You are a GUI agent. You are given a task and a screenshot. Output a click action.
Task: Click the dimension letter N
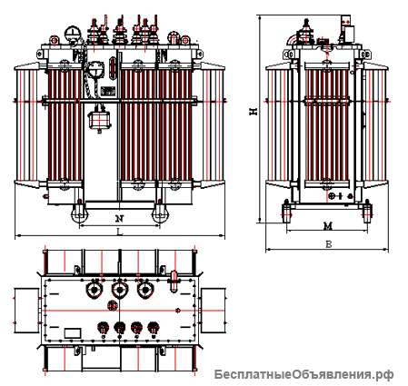tap(120, 218)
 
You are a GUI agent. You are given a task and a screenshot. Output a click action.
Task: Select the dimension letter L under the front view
tap(120, 232)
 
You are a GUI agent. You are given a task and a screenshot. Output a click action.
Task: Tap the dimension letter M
tap(328, 225)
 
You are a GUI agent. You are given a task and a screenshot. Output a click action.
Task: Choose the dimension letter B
tap(328, 244)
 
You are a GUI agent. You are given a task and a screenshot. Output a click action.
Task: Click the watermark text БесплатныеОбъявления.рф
tap(304, 375)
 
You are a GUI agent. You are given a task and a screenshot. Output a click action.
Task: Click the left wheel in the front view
tap(79, 213)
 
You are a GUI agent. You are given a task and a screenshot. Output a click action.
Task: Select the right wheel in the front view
tap(160, 213)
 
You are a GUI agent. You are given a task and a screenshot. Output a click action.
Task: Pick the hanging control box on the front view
tap(99, 120)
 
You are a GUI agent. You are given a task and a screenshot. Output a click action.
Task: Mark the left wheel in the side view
tap(286, 212)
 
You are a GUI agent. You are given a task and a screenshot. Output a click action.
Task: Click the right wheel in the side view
tap(367, 212)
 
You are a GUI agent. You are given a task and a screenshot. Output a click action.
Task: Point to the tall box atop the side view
tap(347, 29)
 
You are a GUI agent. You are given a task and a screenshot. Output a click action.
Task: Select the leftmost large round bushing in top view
tap(94, 291)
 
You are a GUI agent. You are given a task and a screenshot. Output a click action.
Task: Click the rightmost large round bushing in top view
tap(145, 291)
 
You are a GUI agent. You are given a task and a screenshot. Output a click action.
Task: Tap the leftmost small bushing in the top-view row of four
tap(103, 328)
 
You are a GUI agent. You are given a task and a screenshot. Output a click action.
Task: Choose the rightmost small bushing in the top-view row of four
tap(154, 328)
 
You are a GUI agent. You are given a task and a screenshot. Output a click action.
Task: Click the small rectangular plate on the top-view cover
tap(73, 333)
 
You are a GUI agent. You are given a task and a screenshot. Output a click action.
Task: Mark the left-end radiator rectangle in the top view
tap(26, 311)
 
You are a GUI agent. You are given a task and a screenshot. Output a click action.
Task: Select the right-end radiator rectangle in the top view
tap(213, 311)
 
